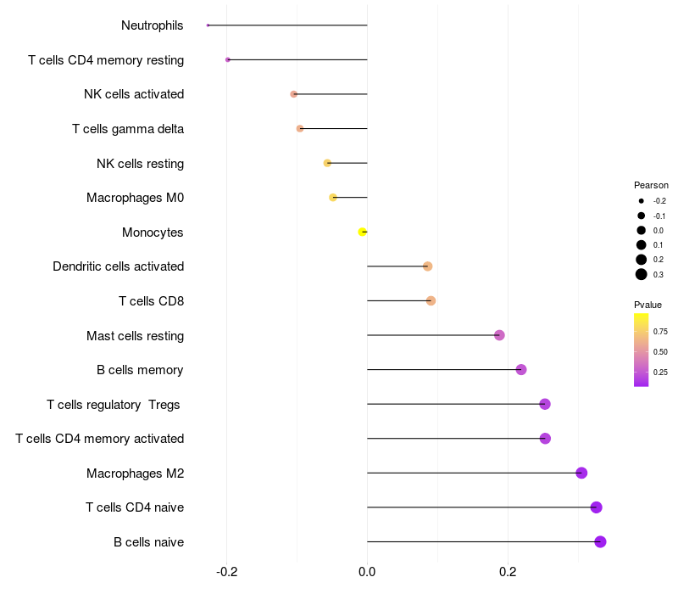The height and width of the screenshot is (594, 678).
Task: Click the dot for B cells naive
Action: click(600, 541)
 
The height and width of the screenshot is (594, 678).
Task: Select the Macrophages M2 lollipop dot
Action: click(581, 473)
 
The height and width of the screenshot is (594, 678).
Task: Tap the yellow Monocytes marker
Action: click(363, 232)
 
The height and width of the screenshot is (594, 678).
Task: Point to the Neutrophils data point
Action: click(208, 25)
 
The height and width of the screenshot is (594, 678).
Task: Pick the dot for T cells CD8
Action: click(431, 300)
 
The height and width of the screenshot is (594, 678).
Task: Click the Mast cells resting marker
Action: click(499, 335)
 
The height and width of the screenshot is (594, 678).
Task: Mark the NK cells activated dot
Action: click(294, 94)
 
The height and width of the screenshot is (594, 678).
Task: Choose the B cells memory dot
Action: click(521, 369)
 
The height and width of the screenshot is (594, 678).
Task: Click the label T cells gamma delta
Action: click(128, 129)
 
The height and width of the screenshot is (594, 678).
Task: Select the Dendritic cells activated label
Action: click(118, 266)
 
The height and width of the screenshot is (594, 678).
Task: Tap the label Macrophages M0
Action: click(135, 198)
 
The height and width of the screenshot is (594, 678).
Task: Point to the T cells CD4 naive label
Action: click(135, 507)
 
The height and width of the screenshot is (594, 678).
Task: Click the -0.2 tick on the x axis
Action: click(226, 572)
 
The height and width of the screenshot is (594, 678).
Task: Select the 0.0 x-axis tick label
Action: click(367, 572)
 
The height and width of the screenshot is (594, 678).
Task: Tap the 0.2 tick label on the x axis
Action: click(508, 572)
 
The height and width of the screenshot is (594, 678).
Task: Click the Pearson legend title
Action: click(651, 185)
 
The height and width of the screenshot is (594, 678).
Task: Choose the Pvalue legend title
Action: click(647, 305)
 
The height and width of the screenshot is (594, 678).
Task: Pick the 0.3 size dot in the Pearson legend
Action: click(642, 274)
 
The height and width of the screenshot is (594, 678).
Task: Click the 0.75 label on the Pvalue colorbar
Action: click(661, 331)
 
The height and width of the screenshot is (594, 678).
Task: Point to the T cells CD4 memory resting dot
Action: click(228, 59)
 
